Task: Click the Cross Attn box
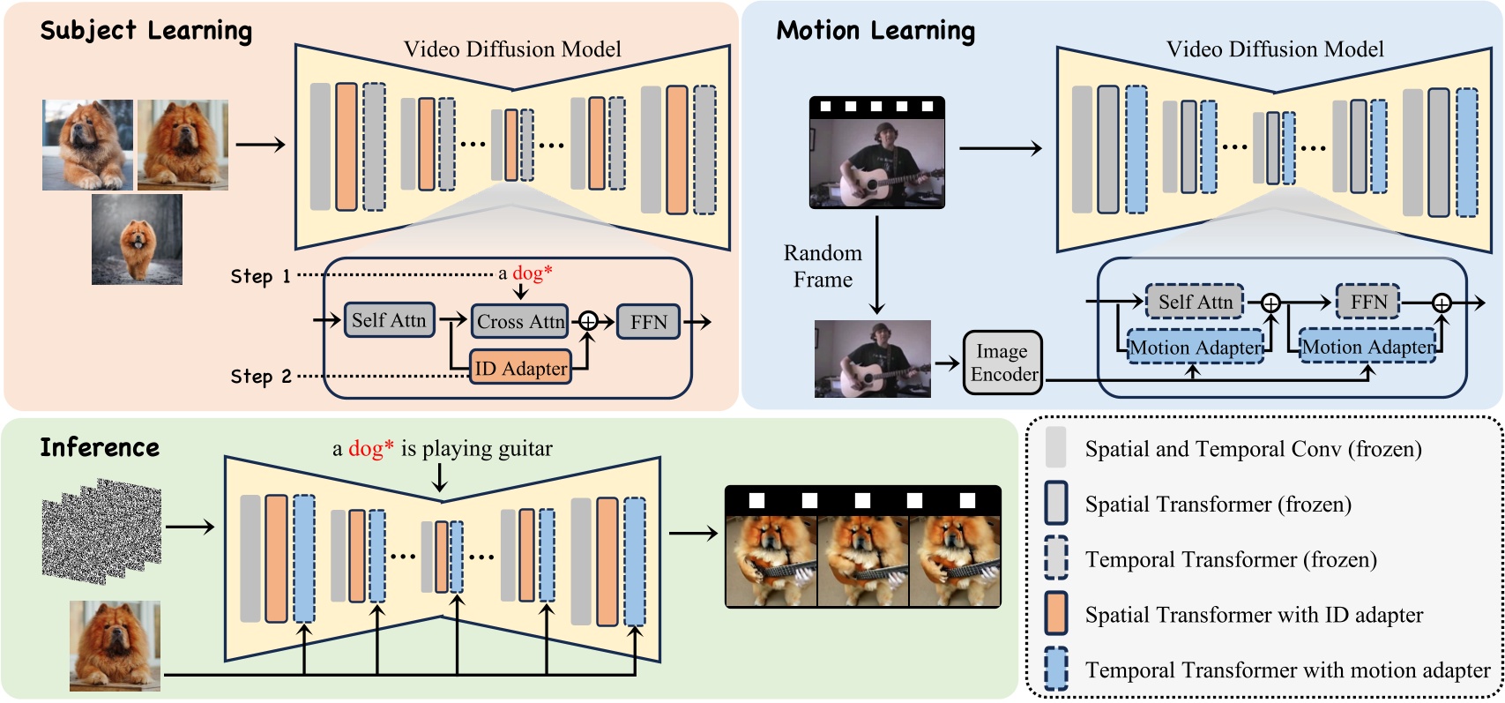pyautogui.click(x=520, y=321)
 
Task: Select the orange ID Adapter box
pyautogui.click(x=520, y=368)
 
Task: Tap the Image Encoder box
pyautogui.click(x=1002, y=363)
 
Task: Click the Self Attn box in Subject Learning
pyautogui.click(x=388, y=320)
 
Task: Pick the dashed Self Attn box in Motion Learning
pyautogui.click(x=1195, y=302)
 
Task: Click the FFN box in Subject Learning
pyautogui.click(x=648, y=322)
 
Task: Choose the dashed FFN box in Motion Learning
pyautogui.click(x=1367, y=302)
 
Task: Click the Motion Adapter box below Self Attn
pyautogui.click(x=1196, y=348)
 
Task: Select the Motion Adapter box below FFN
pyautogui.click(x=1367, y=348)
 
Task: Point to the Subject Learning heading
pyautogui.click(x=146, y=31)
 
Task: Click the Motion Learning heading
pyautogui.click(x=875, y=31)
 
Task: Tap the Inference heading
pyautogui.click(x=100, y=447)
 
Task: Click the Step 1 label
pyautogui.click(x=260, y=276)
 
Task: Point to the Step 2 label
pyautogui.click(x=260, y=377)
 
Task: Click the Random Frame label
pyautogui.click(x=823, y=265)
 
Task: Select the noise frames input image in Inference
pyautogui.click(x=101, y=532)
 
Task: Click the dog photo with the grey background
pyautogui.click(x=137, y=239)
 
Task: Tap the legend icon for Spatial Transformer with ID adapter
pyautogui.click(x=1055, y=614)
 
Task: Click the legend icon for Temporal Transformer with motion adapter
pyautogui.click(x=1055, y=669)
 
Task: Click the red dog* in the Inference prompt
pyautogui.click(x=370, y=448)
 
